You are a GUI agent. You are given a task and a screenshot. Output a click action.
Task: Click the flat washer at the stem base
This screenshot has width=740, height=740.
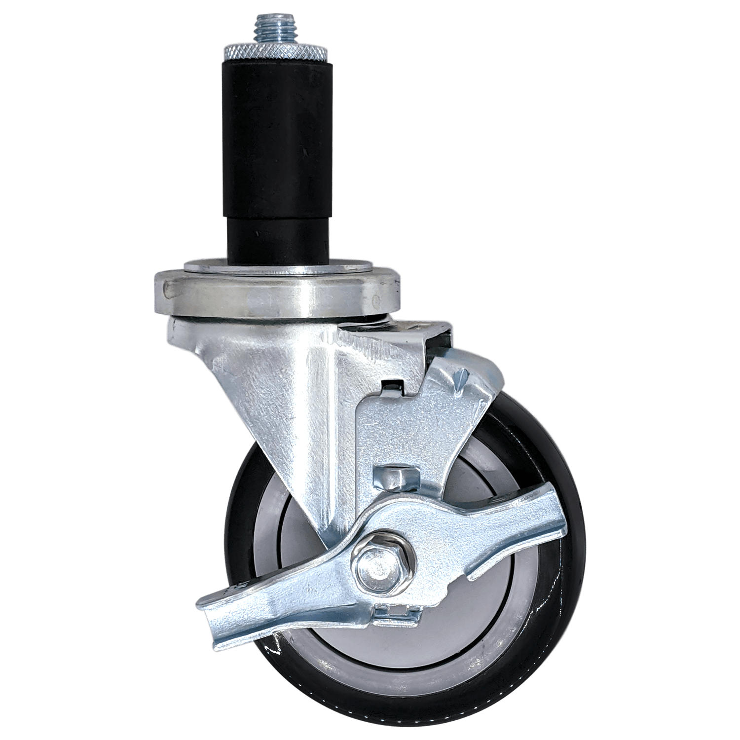[x=276, y=267]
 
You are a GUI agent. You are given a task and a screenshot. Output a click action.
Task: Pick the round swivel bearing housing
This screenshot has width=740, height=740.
[x=276, y=298]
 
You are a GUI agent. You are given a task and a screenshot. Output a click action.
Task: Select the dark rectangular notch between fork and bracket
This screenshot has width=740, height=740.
[x=390, y=387]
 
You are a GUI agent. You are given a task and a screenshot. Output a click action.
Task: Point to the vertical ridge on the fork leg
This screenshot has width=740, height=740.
[x=321, y=419]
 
